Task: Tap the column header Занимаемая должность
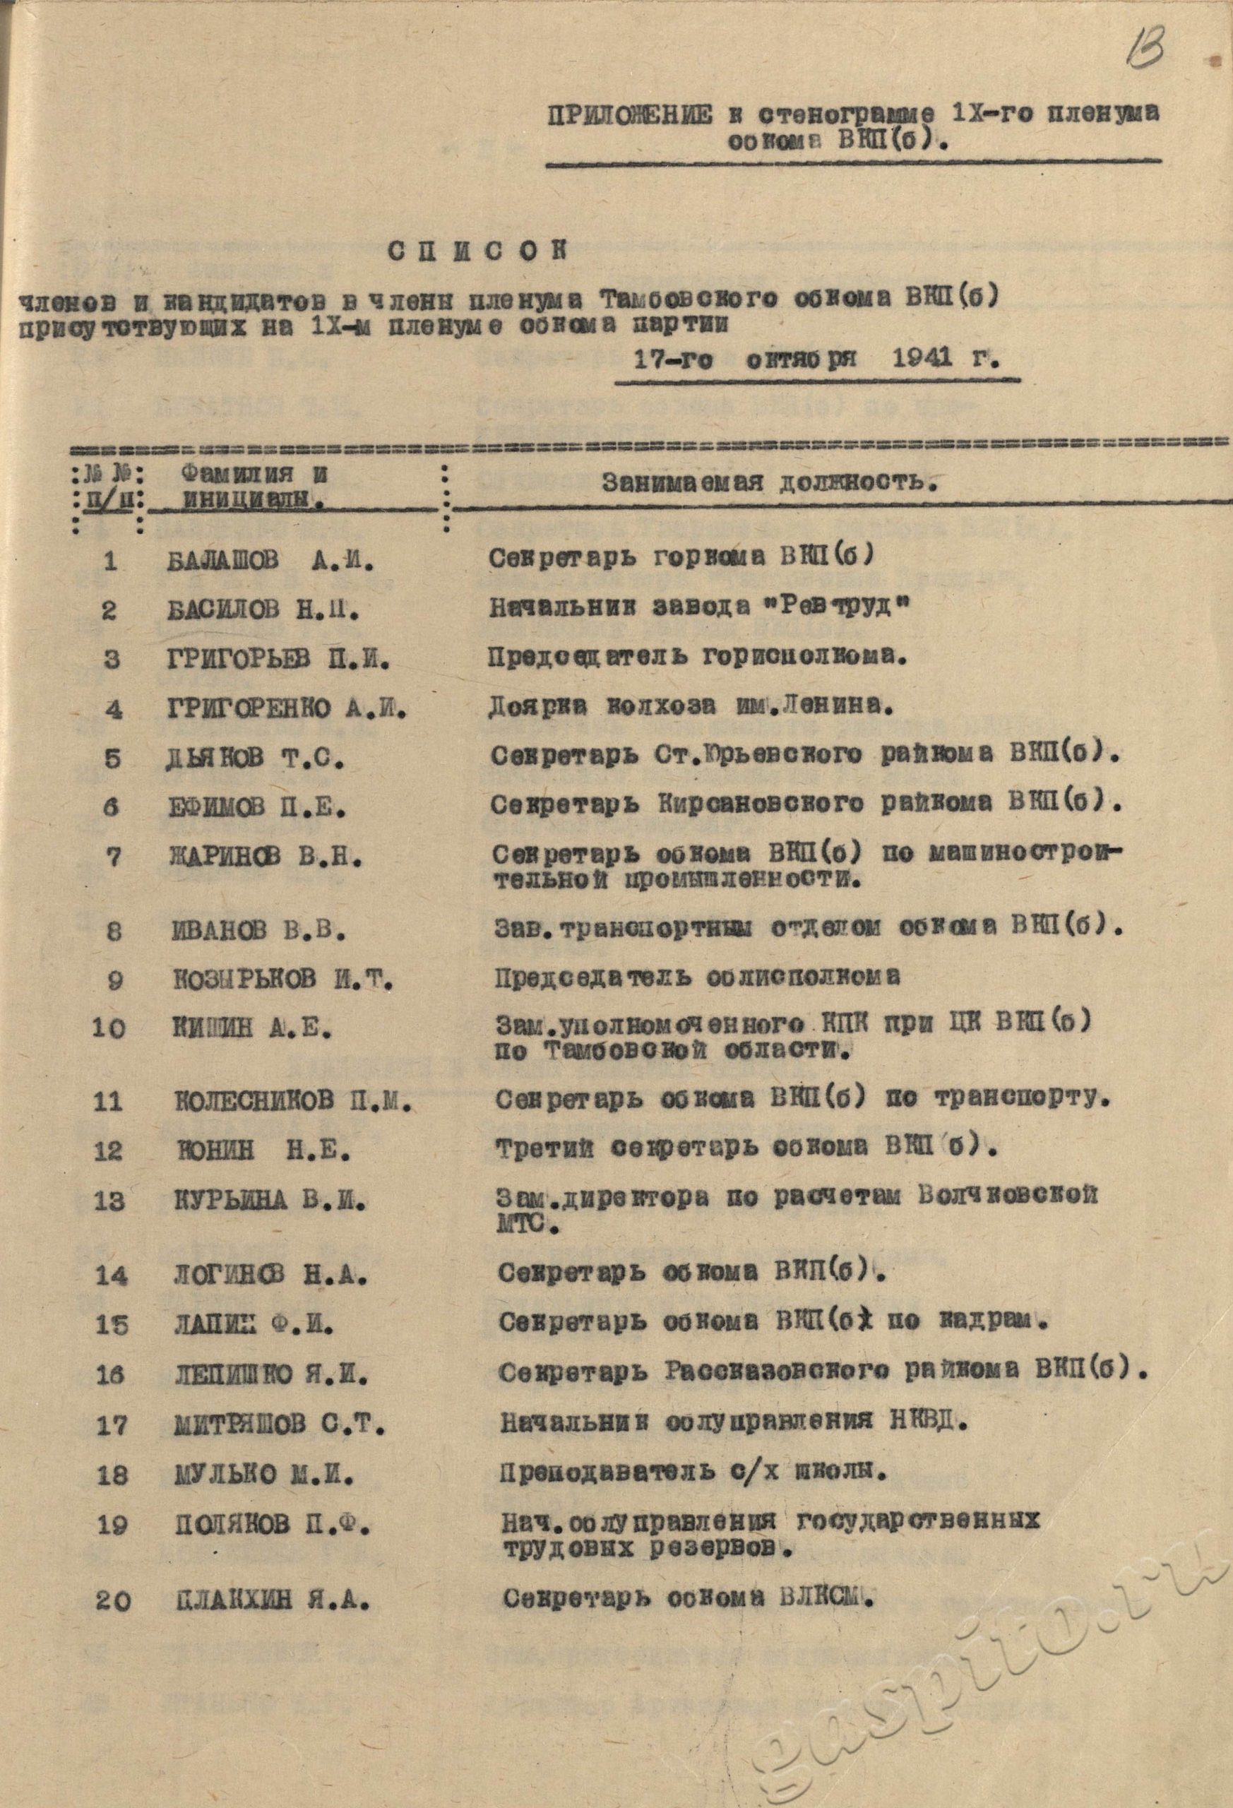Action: point(768,483)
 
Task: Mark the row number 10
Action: point(108,1028)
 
